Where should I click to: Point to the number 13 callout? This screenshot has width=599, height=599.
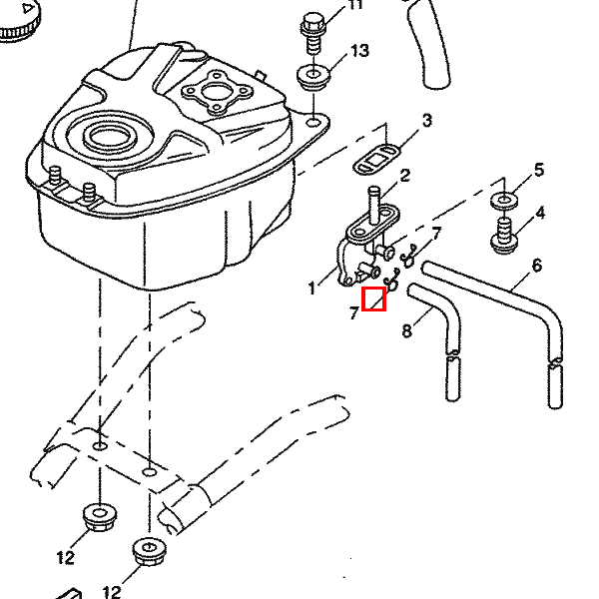(359, 51)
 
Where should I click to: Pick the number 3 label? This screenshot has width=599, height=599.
(426, 121)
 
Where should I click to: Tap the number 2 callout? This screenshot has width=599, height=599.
(405, 177)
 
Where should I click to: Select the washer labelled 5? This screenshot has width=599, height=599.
(505, 200)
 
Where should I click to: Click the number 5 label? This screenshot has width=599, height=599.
(539, 171)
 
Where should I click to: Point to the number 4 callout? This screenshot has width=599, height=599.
(540, 213)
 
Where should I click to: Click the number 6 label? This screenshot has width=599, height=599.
(536, 266)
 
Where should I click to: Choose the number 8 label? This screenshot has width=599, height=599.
(407, 330)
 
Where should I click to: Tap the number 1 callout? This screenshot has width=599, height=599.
(311, 290)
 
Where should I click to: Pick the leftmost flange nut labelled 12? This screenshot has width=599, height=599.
(98, 517)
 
